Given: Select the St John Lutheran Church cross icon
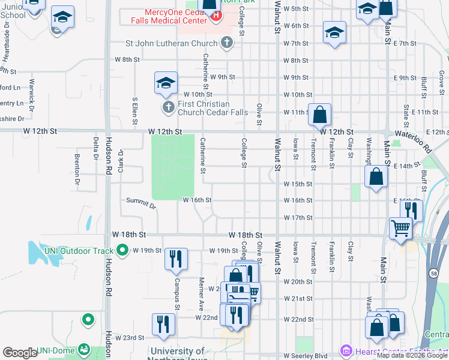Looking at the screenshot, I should click(x=226, y=43).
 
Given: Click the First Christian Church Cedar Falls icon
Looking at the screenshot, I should click(x=167, y=107).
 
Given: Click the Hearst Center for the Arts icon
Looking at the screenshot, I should click(x=345, y=350).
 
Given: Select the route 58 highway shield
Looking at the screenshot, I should click(x=434, y=274).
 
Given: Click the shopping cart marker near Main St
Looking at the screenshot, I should click(x=400, y=228).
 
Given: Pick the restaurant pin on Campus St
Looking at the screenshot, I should click(x=176, y=259).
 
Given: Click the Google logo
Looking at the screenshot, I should click(x=20, y=353).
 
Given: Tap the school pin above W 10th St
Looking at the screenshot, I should click(x=166, y=83).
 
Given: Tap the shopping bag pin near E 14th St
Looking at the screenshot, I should click(x=376, y=176).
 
